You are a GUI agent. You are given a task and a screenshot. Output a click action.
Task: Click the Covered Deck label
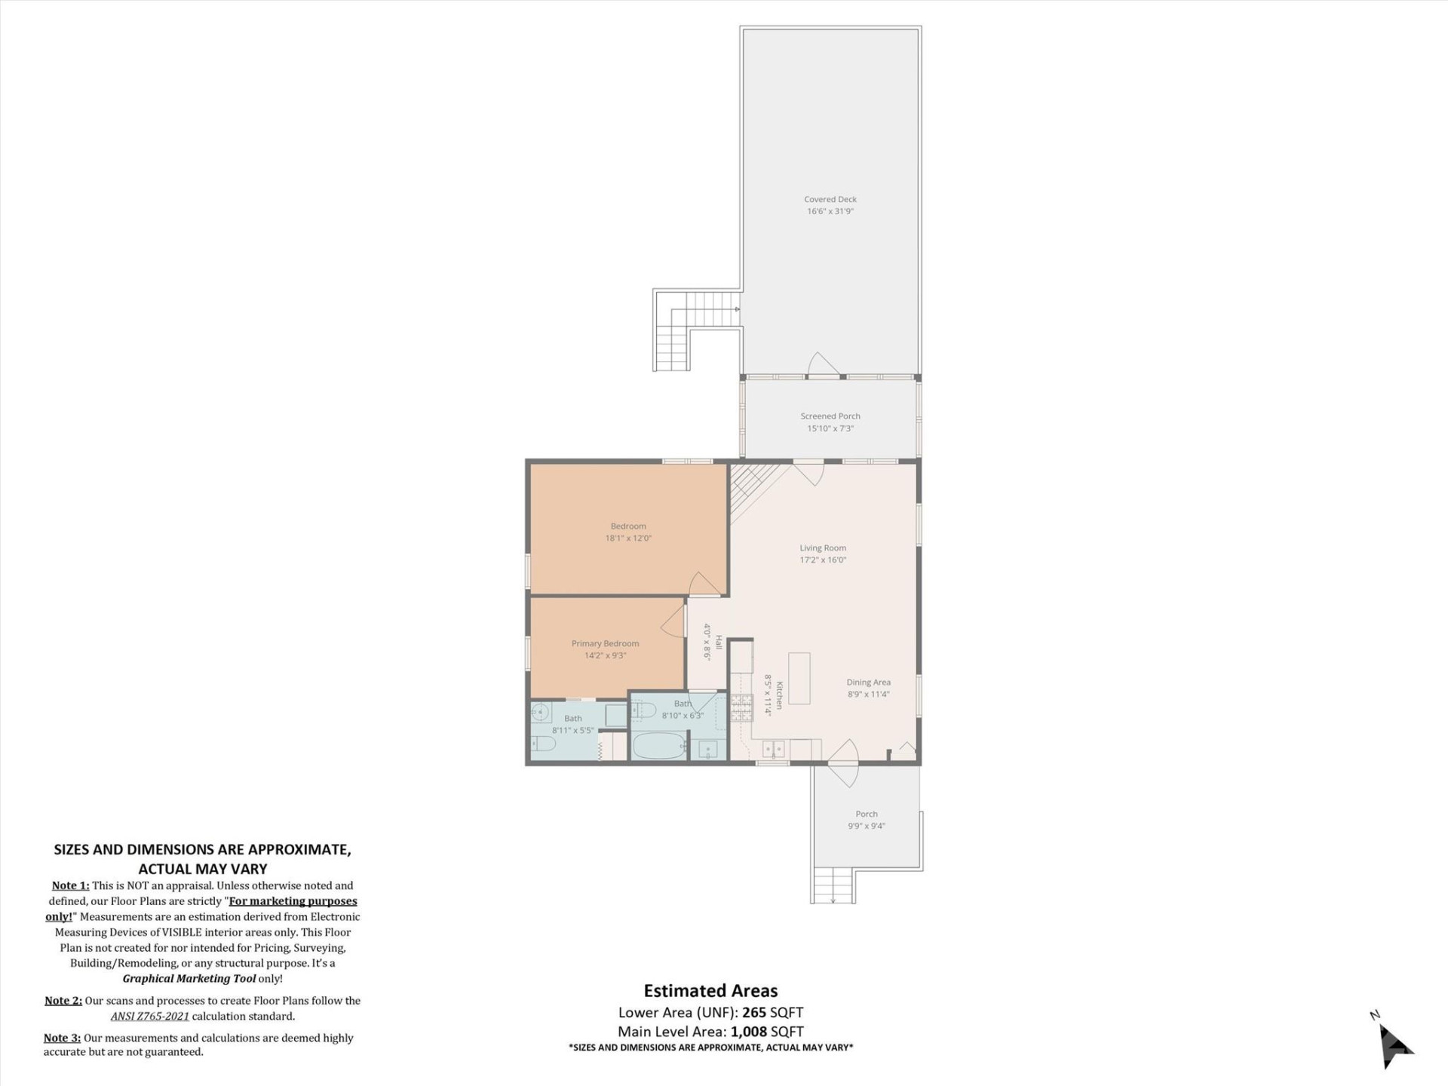tap(830, 200)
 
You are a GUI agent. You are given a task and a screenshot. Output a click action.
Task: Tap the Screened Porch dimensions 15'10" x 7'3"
tap(830, 428)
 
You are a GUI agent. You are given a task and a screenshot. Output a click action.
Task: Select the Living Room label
tap(823, 548)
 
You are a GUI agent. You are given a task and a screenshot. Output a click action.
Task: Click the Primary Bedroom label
tap(605, 643)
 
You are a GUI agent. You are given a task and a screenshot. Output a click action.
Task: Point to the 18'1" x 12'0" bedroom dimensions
tap(627, 538)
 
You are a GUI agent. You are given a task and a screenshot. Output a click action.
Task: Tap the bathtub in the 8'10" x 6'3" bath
tap(658, 747)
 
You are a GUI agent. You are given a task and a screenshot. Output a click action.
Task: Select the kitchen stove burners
tap(741, 708)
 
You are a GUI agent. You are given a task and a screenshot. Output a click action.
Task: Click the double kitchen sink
tap(773, 750)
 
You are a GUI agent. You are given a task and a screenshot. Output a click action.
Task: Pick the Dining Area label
tap(868, 682)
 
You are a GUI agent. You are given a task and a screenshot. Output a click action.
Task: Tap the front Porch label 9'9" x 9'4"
tap(866, 814)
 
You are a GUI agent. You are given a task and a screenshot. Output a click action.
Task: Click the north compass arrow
tap(1394, 1047)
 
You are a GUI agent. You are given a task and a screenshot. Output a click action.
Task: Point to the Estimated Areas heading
tap(710, 991)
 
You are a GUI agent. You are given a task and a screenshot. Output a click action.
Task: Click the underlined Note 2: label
tap(63, 1001)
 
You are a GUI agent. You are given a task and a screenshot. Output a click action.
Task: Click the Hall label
tap(719, 643)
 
